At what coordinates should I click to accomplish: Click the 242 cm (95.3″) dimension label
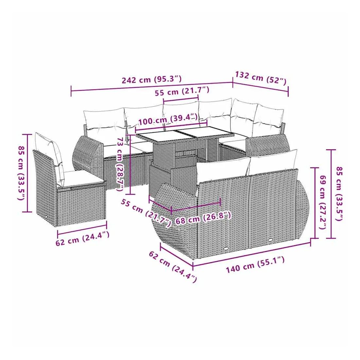tap(152, 80)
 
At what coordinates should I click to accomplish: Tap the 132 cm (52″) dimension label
tap(261, 78)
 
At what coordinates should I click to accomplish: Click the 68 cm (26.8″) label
tap(203, 218)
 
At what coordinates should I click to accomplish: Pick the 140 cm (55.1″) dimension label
tap(255, 265)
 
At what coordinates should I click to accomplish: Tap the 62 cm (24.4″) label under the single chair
tap(82, 239)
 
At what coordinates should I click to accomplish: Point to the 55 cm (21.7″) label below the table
tap(146, 213)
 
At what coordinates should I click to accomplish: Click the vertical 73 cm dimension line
tap(130, 164)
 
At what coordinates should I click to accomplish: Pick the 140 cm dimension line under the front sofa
tap(252, 253)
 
